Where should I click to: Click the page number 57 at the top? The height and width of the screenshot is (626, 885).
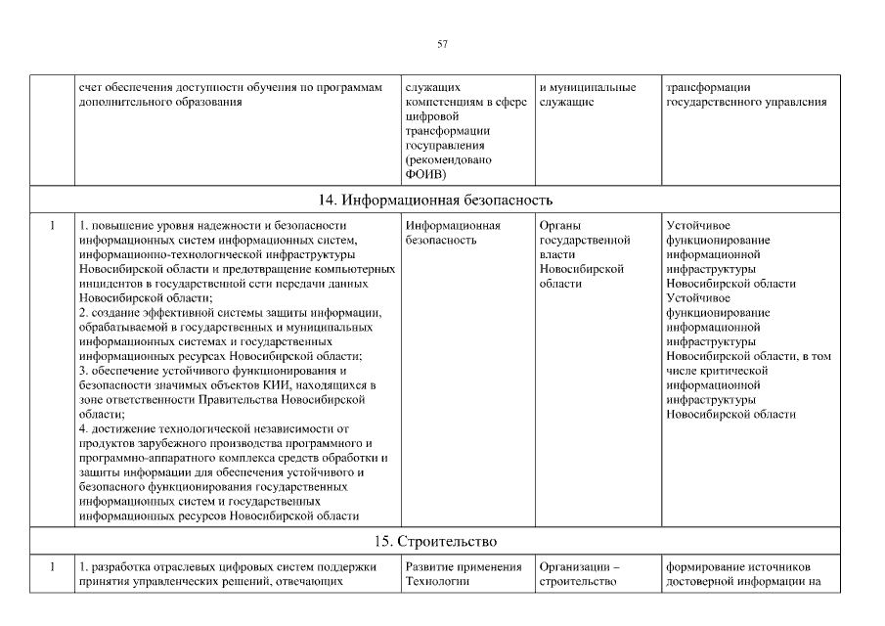click(442, 44)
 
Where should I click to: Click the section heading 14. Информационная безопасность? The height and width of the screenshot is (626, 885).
click(442, 201)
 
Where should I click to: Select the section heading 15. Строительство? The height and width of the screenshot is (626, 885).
click(442, 540)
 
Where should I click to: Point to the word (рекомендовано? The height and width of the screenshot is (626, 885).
click(448, 159)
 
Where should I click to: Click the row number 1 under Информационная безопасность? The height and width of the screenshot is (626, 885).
click(51, 226)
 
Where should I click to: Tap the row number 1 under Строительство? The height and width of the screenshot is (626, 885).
click(51, 565)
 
